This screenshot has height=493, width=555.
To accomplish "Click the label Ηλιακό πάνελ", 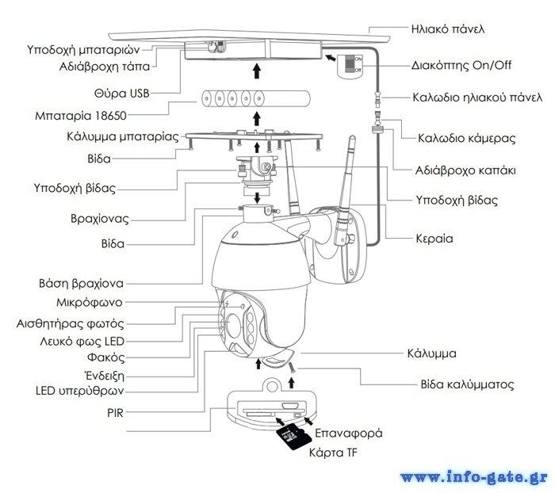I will coord(449,30).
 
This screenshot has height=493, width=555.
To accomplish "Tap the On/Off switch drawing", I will coord(350,64).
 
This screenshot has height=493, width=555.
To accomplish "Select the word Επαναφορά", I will coord(349,434).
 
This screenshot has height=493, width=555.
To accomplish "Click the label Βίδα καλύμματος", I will coord(467,384).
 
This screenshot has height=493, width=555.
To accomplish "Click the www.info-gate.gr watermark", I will coord(473,477).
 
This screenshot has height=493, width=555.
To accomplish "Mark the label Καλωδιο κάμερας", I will coord(467,138).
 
